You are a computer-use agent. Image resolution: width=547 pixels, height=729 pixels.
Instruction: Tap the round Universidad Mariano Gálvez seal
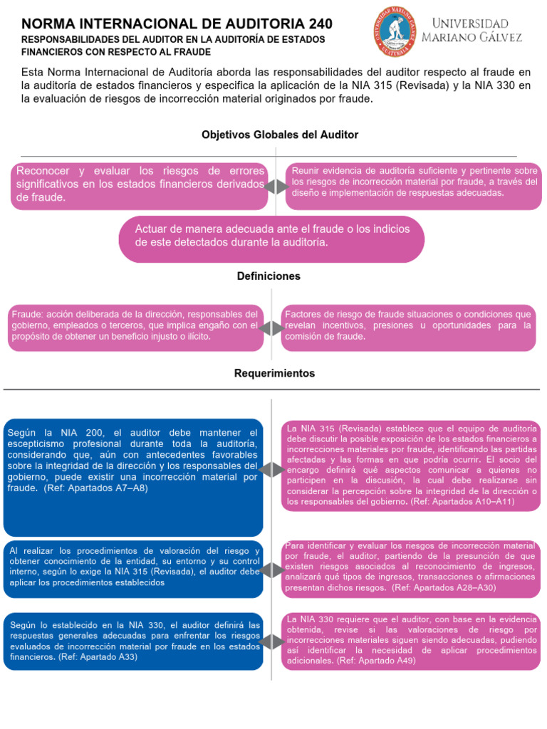[x=395, y=31]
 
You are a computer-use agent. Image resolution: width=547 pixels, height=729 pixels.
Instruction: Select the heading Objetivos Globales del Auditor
[x=280, y=135]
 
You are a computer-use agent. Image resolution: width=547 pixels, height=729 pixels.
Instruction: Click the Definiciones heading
[x=269, y=276]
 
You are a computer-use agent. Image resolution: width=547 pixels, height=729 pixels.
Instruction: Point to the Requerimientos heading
[x=274, y=373]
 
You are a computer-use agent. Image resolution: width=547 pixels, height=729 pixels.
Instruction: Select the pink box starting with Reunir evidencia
[x=414, y=186]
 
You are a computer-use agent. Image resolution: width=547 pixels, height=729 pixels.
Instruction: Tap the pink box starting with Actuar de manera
[x=271, y=239]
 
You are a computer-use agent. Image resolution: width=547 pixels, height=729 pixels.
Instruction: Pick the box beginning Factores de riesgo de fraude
[x=408, y=327]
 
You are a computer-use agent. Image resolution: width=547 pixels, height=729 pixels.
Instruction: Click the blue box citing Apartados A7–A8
[x=133, y=478]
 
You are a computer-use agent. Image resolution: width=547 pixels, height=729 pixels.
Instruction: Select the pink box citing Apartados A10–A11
[x=411, y=465]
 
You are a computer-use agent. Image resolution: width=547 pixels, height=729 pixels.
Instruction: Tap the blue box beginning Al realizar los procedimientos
[x=133, y=569]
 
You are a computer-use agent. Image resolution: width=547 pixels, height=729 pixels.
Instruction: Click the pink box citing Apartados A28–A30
[x=411, y=568]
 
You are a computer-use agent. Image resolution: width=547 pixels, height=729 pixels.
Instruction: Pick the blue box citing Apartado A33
[x=133, y=641]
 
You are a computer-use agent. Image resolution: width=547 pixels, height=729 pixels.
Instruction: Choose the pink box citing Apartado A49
[x=411, y=641]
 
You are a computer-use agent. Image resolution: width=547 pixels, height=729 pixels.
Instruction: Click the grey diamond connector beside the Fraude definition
[x=271, y=328]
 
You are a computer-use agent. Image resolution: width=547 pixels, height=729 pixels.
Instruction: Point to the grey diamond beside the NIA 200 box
[x=271, y=470]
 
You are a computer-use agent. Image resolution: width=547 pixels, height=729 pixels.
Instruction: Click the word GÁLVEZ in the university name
[x=497, y=38]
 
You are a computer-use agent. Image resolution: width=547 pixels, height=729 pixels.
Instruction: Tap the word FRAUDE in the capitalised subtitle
[x=192, y=52]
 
